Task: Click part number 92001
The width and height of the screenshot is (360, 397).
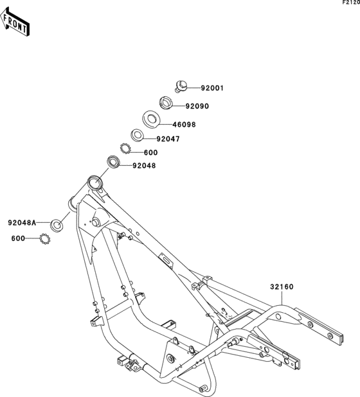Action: [x=212, y=89]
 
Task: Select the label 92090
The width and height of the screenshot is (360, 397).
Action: [x=197, y=106]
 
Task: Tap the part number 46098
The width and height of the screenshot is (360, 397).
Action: [x=184, y=125]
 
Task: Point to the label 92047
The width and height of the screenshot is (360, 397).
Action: [x=168, y=139]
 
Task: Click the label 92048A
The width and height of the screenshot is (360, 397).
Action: [x=22, y=223]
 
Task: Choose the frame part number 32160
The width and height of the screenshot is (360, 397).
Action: [x=282, y=287]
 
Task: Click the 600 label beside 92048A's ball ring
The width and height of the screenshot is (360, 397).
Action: [x=18, y=238]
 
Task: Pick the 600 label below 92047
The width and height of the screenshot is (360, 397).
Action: [x=150, y=153]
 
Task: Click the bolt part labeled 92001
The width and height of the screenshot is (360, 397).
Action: [x=181, y=86]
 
